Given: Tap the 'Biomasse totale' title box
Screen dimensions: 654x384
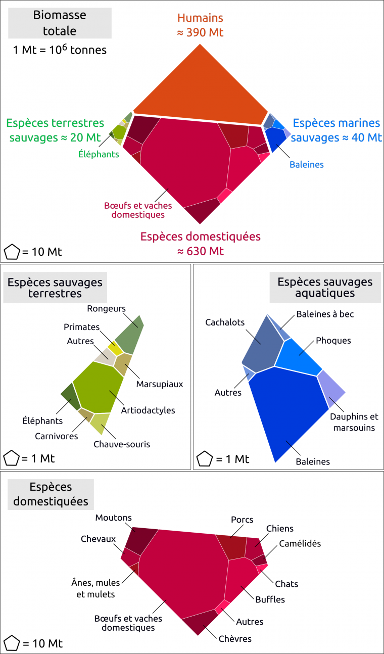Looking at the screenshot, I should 60,23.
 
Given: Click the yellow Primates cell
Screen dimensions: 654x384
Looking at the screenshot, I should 116,348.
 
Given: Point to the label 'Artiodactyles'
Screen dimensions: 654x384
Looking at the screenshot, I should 148,410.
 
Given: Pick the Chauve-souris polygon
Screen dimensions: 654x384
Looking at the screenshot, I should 101,423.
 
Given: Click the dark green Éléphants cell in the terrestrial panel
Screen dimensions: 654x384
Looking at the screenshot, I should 70,397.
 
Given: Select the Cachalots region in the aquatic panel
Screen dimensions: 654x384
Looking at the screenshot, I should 261,344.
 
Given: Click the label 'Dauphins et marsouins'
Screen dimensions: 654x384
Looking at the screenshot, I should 353,423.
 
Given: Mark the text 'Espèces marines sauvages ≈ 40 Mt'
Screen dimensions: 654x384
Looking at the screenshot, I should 337,130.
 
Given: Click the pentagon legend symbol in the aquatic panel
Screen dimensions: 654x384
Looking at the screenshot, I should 204,459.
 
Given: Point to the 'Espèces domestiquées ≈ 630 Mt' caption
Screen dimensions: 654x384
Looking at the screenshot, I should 201,243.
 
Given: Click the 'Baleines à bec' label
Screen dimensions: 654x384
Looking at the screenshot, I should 325,314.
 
